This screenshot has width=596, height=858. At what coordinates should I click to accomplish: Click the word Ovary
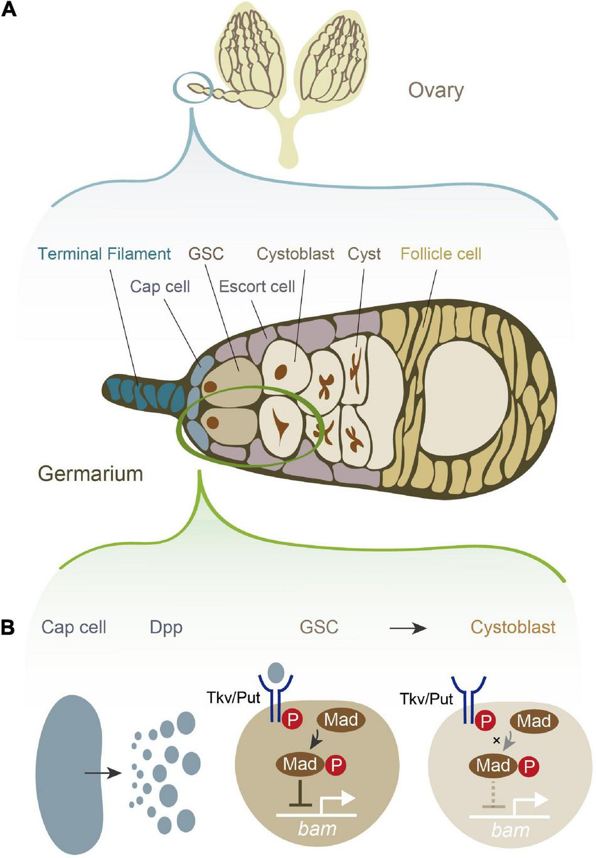click(436, 90)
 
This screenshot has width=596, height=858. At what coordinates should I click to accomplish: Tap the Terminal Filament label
click(104, 254)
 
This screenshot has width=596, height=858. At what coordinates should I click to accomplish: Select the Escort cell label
click(257, 287)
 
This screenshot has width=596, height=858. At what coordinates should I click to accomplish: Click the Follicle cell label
click(440, 254)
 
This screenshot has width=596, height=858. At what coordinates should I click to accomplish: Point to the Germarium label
click(91, 473)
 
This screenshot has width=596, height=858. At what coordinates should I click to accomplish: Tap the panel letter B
click(8, 627)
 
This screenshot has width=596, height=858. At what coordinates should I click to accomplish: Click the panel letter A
click(8, 11)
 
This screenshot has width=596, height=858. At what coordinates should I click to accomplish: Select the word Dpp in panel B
click(166, 627)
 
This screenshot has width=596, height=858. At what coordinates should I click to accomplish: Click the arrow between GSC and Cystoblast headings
click(408, 628)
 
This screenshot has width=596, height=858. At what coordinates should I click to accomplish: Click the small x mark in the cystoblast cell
click(497, 741)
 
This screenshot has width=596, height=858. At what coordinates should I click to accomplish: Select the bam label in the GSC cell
click(317, 829)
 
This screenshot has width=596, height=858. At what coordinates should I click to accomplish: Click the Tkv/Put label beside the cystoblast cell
click(427, 698)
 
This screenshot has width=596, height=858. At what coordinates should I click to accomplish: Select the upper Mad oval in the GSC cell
click(341, 719)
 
